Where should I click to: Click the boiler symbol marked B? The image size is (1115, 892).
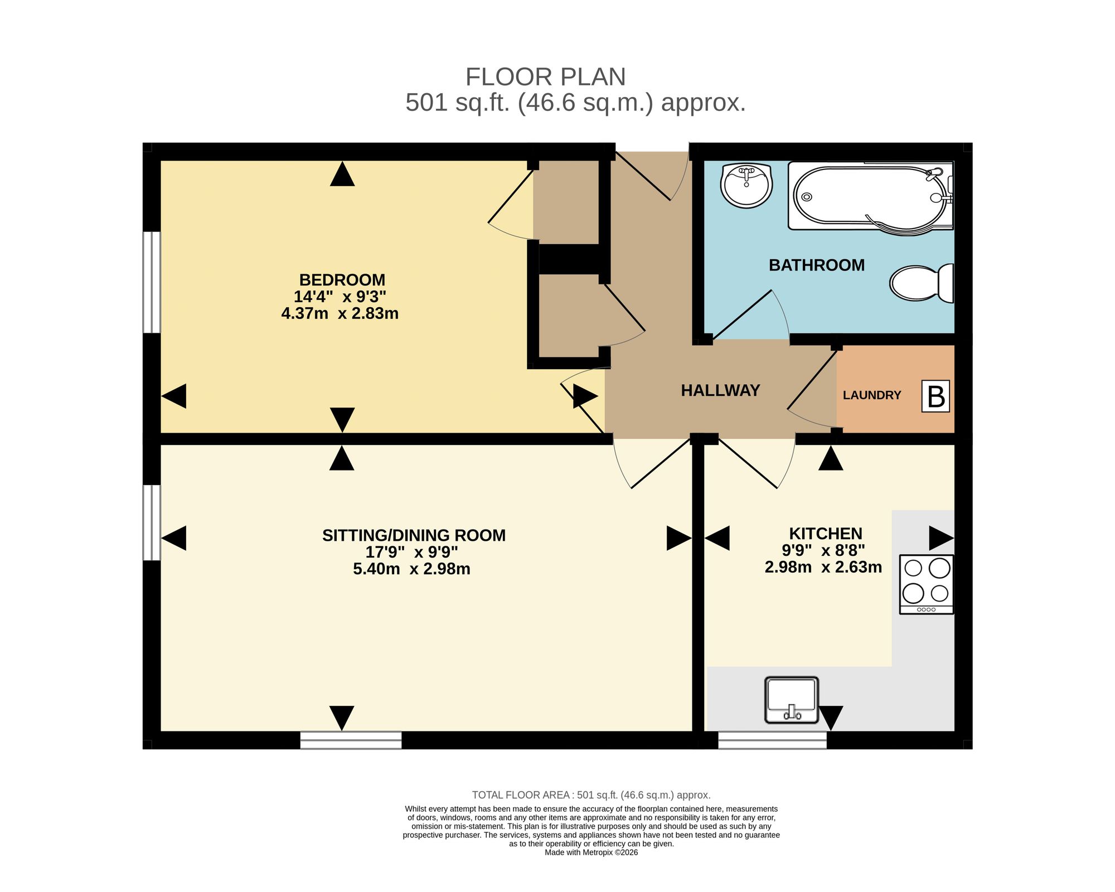pyautogui.click(x=935, y=396)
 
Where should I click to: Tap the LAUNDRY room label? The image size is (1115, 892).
pyautogui.click(x=872, y=395)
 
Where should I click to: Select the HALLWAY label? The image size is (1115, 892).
pyautogui.click(x=720, y=390)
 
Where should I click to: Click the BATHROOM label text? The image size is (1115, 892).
pyautogui.click(x=817, y=265)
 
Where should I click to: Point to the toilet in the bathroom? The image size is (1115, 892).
pyautogui.click(x=922, y=283)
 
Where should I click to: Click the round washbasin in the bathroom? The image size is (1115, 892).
pyautogui.click(x=746, y=185)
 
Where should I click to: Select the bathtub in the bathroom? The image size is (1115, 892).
pyautogui.click(x=871, y=197)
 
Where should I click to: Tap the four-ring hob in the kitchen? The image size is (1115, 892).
pyautogui.click(x=927, y=584)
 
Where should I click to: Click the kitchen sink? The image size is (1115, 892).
pyautogui.click(x=792, y=700)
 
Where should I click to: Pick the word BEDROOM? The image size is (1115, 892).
pyautogui.click(x=342, y=279)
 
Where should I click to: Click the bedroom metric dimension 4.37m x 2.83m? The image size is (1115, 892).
pyautogui.click(x=340, y=313)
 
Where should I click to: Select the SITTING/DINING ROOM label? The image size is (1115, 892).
pyautogui.click(x=414, y=535)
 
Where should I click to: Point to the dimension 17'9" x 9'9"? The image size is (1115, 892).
pyautogui.click(x=411, y=552)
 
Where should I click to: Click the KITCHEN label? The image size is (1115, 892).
pyautogui.click(x=826, y=534)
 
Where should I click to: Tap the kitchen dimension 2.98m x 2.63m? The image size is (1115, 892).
pyautogui.click(x=823, y=568)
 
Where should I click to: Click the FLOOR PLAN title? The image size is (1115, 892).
pyautogui.click(x=546, y=77)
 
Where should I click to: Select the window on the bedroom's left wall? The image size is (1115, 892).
pyautogui.click(x=152, y=282)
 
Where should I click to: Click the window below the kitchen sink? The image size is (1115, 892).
pyautogui.click(x=772, y=740)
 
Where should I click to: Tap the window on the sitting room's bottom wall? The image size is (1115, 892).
pyautogui.click(x=351, y=740)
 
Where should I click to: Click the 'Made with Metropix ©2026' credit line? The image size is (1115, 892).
pyautogui.click(x=591, y=852)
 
